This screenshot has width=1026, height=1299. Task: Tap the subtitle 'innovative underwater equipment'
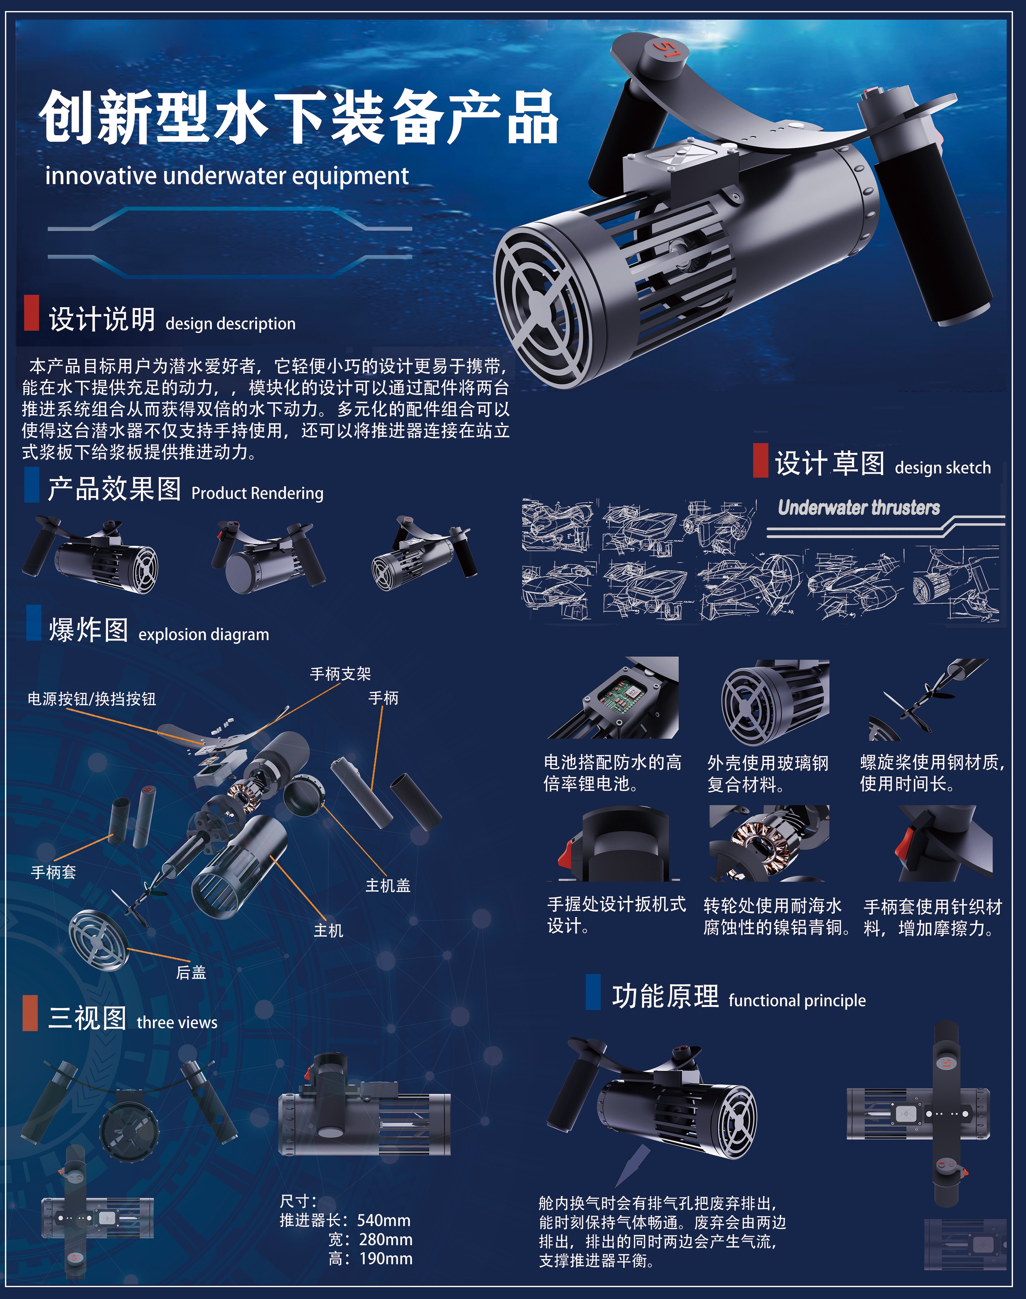(227, 176)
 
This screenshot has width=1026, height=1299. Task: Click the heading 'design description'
(231, 324)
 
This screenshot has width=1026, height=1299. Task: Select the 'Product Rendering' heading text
(257, 493)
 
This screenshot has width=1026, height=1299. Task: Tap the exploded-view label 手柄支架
(341, 674)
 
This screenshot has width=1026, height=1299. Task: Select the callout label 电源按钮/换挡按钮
(92, 699)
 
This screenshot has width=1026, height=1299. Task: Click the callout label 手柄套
(54, 872)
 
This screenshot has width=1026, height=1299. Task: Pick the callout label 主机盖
(388, 885)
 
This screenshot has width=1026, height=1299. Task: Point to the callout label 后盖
(191, 972)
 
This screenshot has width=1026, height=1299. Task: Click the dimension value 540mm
(384, 1220)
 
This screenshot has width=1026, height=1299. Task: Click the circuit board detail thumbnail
(613, 697)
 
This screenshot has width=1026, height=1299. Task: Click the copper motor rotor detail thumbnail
(770, 843)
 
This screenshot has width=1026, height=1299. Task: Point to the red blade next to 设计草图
(760, 460)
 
